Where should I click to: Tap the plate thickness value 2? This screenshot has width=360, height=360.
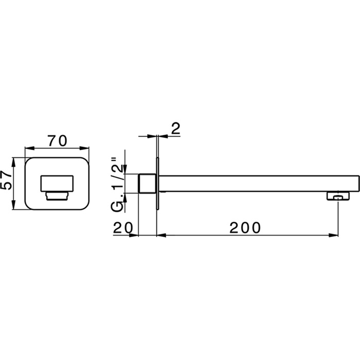pyautogui.click(x=175, y=129)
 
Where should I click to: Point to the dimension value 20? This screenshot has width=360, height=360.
pyautogui.click(x=123, y=227)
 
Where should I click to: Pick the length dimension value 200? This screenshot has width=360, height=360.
pyautogui.click(x=246, y=227)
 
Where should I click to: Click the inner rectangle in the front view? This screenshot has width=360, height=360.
pyautogui.click(x=57, y=183)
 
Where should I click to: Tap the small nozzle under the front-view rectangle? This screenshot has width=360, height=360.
pyautogui.click(x=57, y=195)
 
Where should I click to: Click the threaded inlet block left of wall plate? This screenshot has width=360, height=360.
pyautogui.click(x=148, y=183)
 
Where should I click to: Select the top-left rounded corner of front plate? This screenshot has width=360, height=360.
pyautogui.click(x=28, y=160)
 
